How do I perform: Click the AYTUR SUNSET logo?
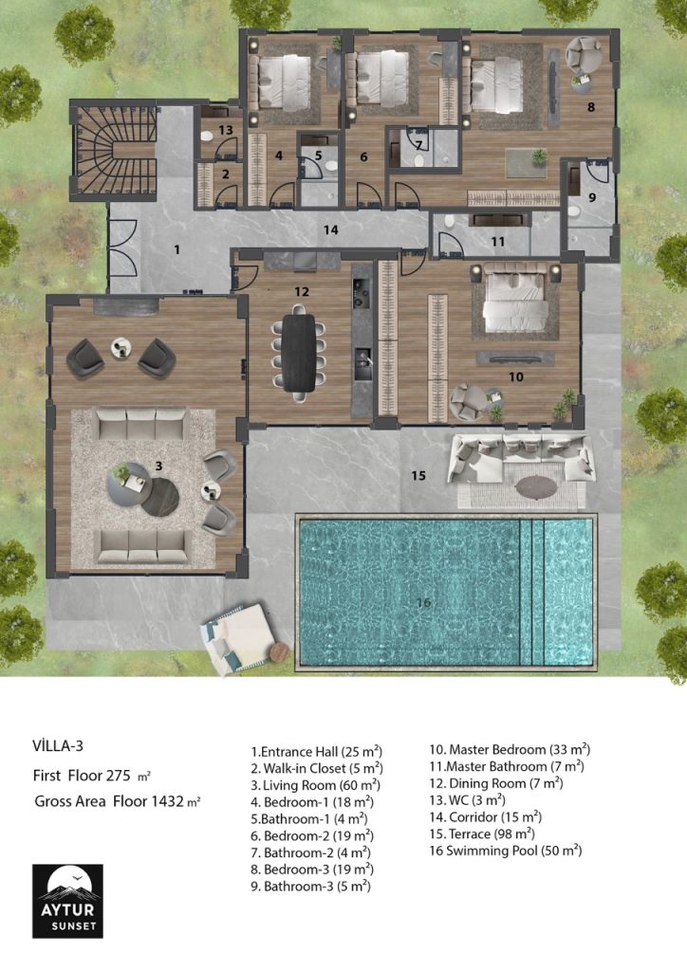[67, 901]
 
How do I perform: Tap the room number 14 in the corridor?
[331, 229]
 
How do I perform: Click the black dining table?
[299, 353]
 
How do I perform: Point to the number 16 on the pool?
[423, 602]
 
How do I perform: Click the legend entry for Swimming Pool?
[506, 851]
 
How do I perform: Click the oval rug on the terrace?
[536, 486]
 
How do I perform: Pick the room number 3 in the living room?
[158, 466]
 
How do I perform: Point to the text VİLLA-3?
[58, 745]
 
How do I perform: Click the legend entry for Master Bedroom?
[510, 749]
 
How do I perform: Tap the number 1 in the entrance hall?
[177, 249]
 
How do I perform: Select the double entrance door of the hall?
[122, 247]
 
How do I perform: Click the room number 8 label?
[591, 107]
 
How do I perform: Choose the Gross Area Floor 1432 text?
[117, 801]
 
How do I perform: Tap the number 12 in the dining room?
[302, 291]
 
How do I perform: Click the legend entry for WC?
[467, 800]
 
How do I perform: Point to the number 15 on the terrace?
[418, 476]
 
